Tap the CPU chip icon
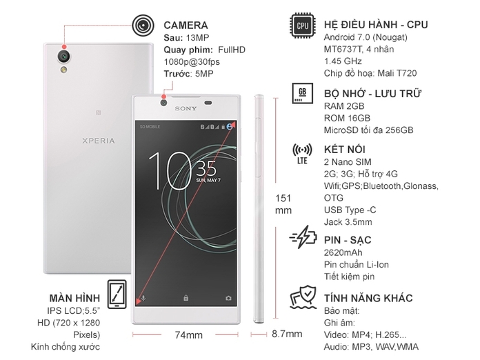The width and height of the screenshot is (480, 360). [x=301, y=26]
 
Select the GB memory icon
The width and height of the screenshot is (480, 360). [x=301, y=93]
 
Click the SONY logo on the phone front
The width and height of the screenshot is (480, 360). [x=186, y=108]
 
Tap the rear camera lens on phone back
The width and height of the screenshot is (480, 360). [x=63, y=53]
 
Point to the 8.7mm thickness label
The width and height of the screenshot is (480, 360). [x=287, y=334]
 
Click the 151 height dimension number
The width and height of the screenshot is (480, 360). [x=283, y=199]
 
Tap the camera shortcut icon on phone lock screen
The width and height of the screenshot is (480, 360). [x=228, y=298]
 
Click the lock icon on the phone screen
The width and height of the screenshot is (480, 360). [x=186, y=298]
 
